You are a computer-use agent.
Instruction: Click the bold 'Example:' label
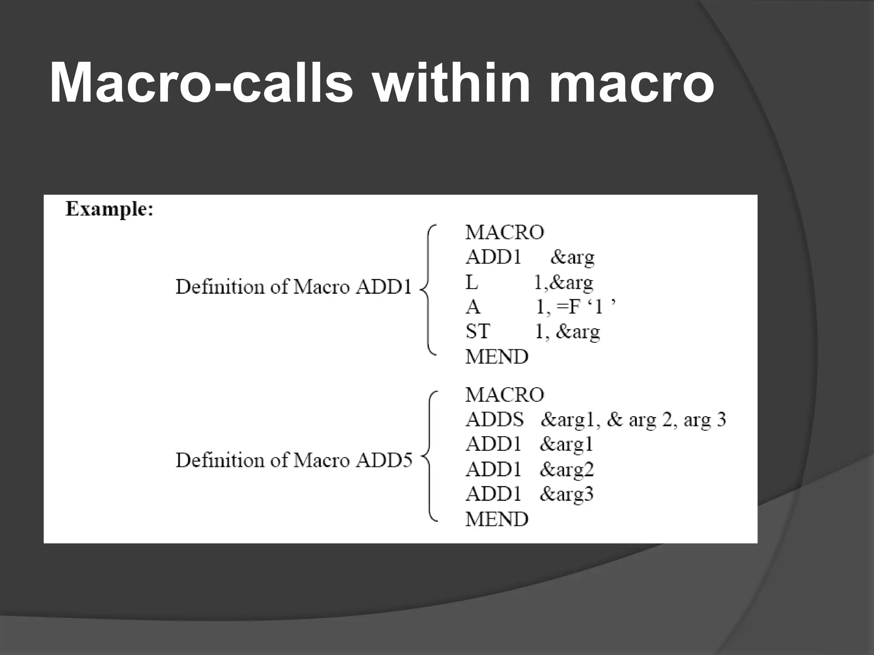click(x=109, y=209)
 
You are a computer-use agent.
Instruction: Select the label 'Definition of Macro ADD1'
click(x=294, y=287)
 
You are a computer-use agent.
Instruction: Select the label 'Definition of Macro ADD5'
click(x=294, y=460)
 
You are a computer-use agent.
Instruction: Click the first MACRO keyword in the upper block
click(x=504, y=232)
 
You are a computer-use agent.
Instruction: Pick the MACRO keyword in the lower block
click(x=504, y=395)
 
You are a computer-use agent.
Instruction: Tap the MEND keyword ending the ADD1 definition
click(x=497, y=356)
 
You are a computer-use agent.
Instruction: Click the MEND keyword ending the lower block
click(x=497, y=519)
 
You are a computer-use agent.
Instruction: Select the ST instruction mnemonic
click(x=478, y=331)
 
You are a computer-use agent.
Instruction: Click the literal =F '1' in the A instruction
click(x=589, y=307)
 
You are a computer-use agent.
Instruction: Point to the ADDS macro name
click(x=494, y=420)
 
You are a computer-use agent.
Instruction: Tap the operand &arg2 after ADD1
click(x=567, y=470)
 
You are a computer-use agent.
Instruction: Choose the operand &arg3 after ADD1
click(x=567, y=494)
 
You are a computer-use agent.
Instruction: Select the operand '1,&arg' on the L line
click(x=563, y=282)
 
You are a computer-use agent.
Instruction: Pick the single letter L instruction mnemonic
click(x=472, y=282)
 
